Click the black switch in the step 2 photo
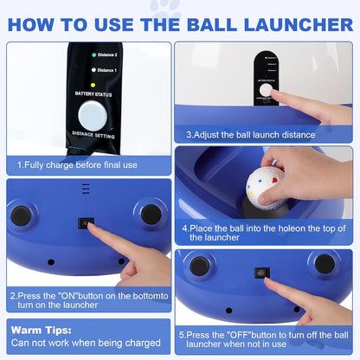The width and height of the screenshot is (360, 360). (x=86, y=223)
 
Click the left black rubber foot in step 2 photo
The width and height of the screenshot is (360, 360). (x=21, y=215)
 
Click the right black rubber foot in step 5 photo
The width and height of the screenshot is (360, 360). (x=325, y=264)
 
